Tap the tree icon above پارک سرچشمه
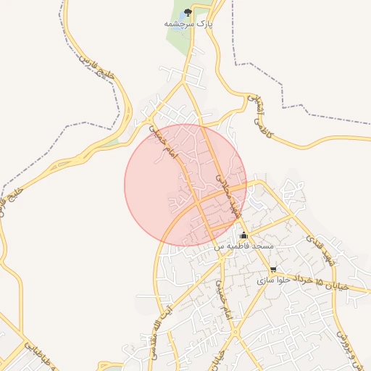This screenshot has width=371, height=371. (x=188, y=12)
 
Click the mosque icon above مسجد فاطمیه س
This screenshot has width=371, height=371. (x=243, y=235)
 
